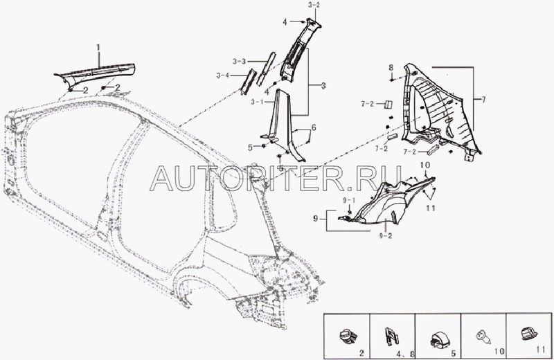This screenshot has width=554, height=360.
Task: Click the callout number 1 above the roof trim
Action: (x=98, y=47)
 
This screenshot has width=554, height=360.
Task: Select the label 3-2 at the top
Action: (x=314, y=6)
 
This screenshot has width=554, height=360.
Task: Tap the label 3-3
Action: (x=239, y=62)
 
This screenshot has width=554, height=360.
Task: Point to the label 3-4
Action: (x=223, y=75)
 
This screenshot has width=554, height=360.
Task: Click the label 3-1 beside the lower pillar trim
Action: (x=258, y=102)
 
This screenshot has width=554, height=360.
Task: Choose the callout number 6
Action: (x=314, y=127)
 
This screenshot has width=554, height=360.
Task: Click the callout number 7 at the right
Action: (x=483, y=99)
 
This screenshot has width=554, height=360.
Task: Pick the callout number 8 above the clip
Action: (x=391, y=67)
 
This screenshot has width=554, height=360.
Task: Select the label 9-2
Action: (x=386, y=236)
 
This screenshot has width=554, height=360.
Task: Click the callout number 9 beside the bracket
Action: (x=316, y=219)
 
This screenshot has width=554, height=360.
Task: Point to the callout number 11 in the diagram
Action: (x=431, y=208)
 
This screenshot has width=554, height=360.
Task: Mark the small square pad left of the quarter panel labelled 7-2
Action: (x=388, y=105)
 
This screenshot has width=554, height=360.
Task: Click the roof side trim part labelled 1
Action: (x=96, y=73)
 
